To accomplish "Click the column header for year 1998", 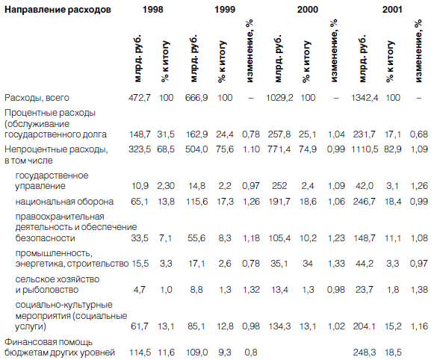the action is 153,10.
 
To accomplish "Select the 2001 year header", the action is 392,10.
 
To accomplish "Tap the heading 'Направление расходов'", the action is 58,10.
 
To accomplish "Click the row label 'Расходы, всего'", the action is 37,98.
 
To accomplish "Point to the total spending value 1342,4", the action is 365,98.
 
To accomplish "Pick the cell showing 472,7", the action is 140,98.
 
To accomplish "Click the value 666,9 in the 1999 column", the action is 196,98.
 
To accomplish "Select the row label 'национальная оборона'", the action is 64,202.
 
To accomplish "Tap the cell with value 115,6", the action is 196,202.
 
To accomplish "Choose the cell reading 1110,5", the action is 365,149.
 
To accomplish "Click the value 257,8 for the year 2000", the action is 279,134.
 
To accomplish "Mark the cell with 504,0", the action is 196,149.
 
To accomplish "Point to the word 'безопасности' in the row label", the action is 45,238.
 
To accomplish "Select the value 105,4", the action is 279,238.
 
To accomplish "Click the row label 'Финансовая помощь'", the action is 49,342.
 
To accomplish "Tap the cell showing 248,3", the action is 365,353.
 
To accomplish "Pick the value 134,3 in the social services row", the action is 279,326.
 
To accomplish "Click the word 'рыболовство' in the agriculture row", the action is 50,290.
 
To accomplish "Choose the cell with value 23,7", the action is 365,290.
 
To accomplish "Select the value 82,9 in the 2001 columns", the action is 392,149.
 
